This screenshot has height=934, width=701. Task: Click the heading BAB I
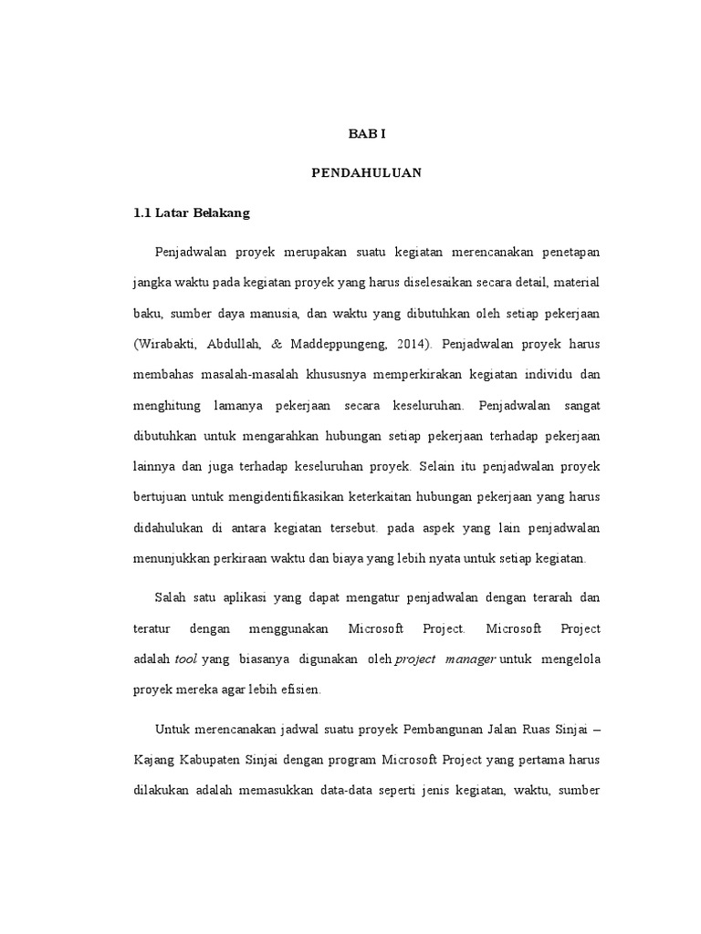pyautogui.click(x=368, y=134)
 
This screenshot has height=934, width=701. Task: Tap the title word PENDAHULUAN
pyautogui.click(x=367, y=174)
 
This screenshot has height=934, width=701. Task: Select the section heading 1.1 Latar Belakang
pyautogui.click(x=191, y=214)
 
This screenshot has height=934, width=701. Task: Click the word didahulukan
pyautogui.click(x=171, y=530)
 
